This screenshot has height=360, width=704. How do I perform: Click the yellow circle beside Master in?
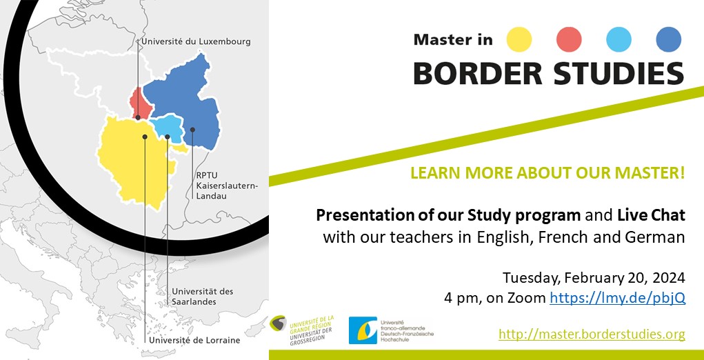(x=519, y=39)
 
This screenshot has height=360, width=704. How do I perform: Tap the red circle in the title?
(x=569, y=39)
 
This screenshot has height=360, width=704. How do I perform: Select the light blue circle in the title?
(x=618, y=39)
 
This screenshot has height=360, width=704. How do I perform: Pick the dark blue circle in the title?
(x=668, y=39)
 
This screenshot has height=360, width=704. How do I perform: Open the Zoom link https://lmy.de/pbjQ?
(x=616, y=299)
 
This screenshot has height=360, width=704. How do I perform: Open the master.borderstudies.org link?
(x=592, y=334)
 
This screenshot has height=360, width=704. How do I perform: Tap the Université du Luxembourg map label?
(x=195, y=42)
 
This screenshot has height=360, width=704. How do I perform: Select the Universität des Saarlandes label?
(x=203, y=297)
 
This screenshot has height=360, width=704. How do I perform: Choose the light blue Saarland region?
(x=168, y=127)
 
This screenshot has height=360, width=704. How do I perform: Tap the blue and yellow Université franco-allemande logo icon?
(x=362, y=330)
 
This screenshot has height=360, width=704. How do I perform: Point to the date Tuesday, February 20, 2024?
(x=593, y=278)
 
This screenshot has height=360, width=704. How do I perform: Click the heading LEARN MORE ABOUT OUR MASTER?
(x=547, y=172)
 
